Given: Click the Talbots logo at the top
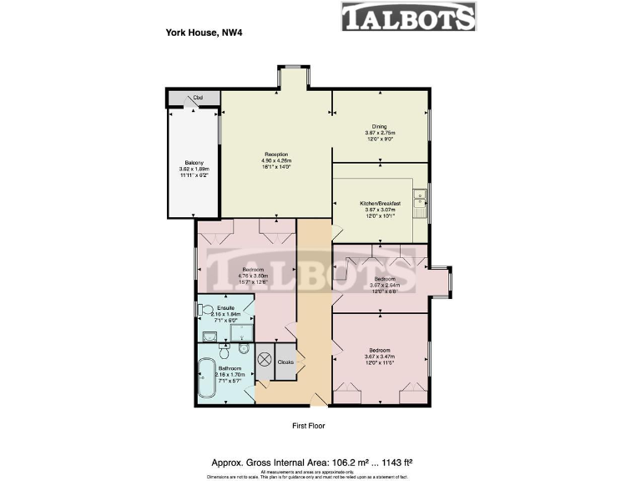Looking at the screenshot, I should click(x=408, y=18).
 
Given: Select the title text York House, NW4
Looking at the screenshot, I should click(x=197, y=33).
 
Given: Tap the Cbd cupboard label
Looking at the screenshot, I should click(x=198, y=98).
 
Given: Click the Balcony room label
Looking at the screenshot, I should click(x=194, y=162).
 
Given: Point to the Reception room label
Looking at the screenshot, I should click(x=276, y=154).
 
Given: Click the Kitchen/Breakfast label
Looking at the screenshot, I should click(x=381, y=203).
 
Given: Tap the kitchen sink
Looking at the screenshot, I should click(x=424, y=199).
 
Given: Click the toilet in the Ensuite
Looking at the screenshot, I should click(x=204, y=310).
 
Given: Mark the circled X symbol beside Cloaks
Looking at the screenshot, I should click(x=265, y=361).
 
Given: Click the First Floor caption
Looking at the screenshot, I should click(x=308, y=426).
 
